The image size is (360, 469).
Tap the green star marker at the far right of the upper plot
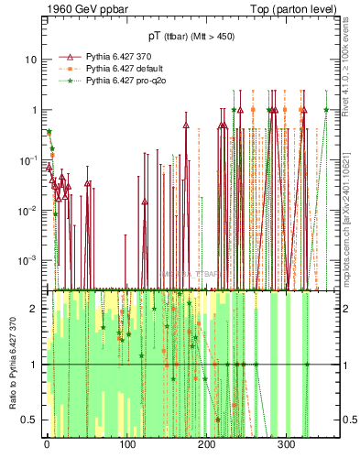click(x=326, y=110)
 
